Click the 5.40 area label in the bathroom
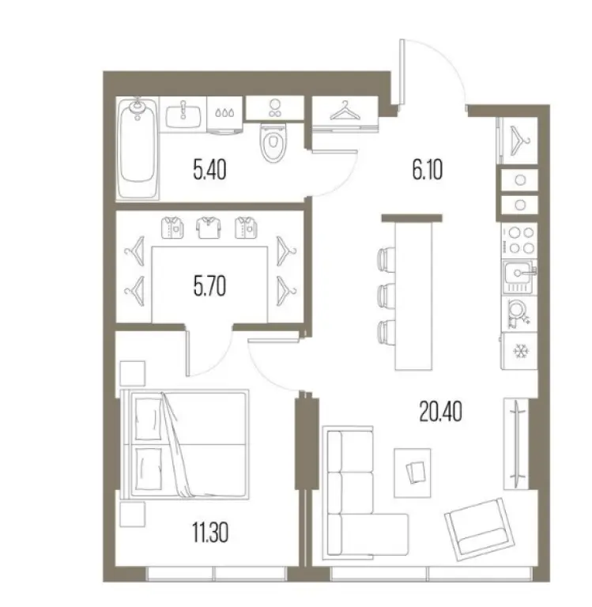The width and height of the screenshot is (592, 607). click(x=209, y=169)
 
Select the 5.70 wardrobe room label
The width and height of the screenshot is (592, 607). click(x=209, y=285)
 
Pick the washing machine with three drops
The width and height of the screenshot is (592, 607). click(x=226, y=113)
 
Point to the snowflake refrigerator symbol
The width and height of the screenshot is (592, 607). click(x=520, y=350)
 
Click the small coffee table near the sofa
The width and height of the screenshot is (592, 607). click(x=416, y=471)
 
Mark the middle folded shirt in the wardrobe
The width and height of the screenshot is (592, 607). click(x=207, y=228)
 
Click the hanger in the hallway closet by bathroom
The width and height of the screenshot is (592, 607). click(x=345, y=112)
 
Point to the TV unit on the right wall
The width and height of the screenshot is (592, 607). click(x=516, y=443)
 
